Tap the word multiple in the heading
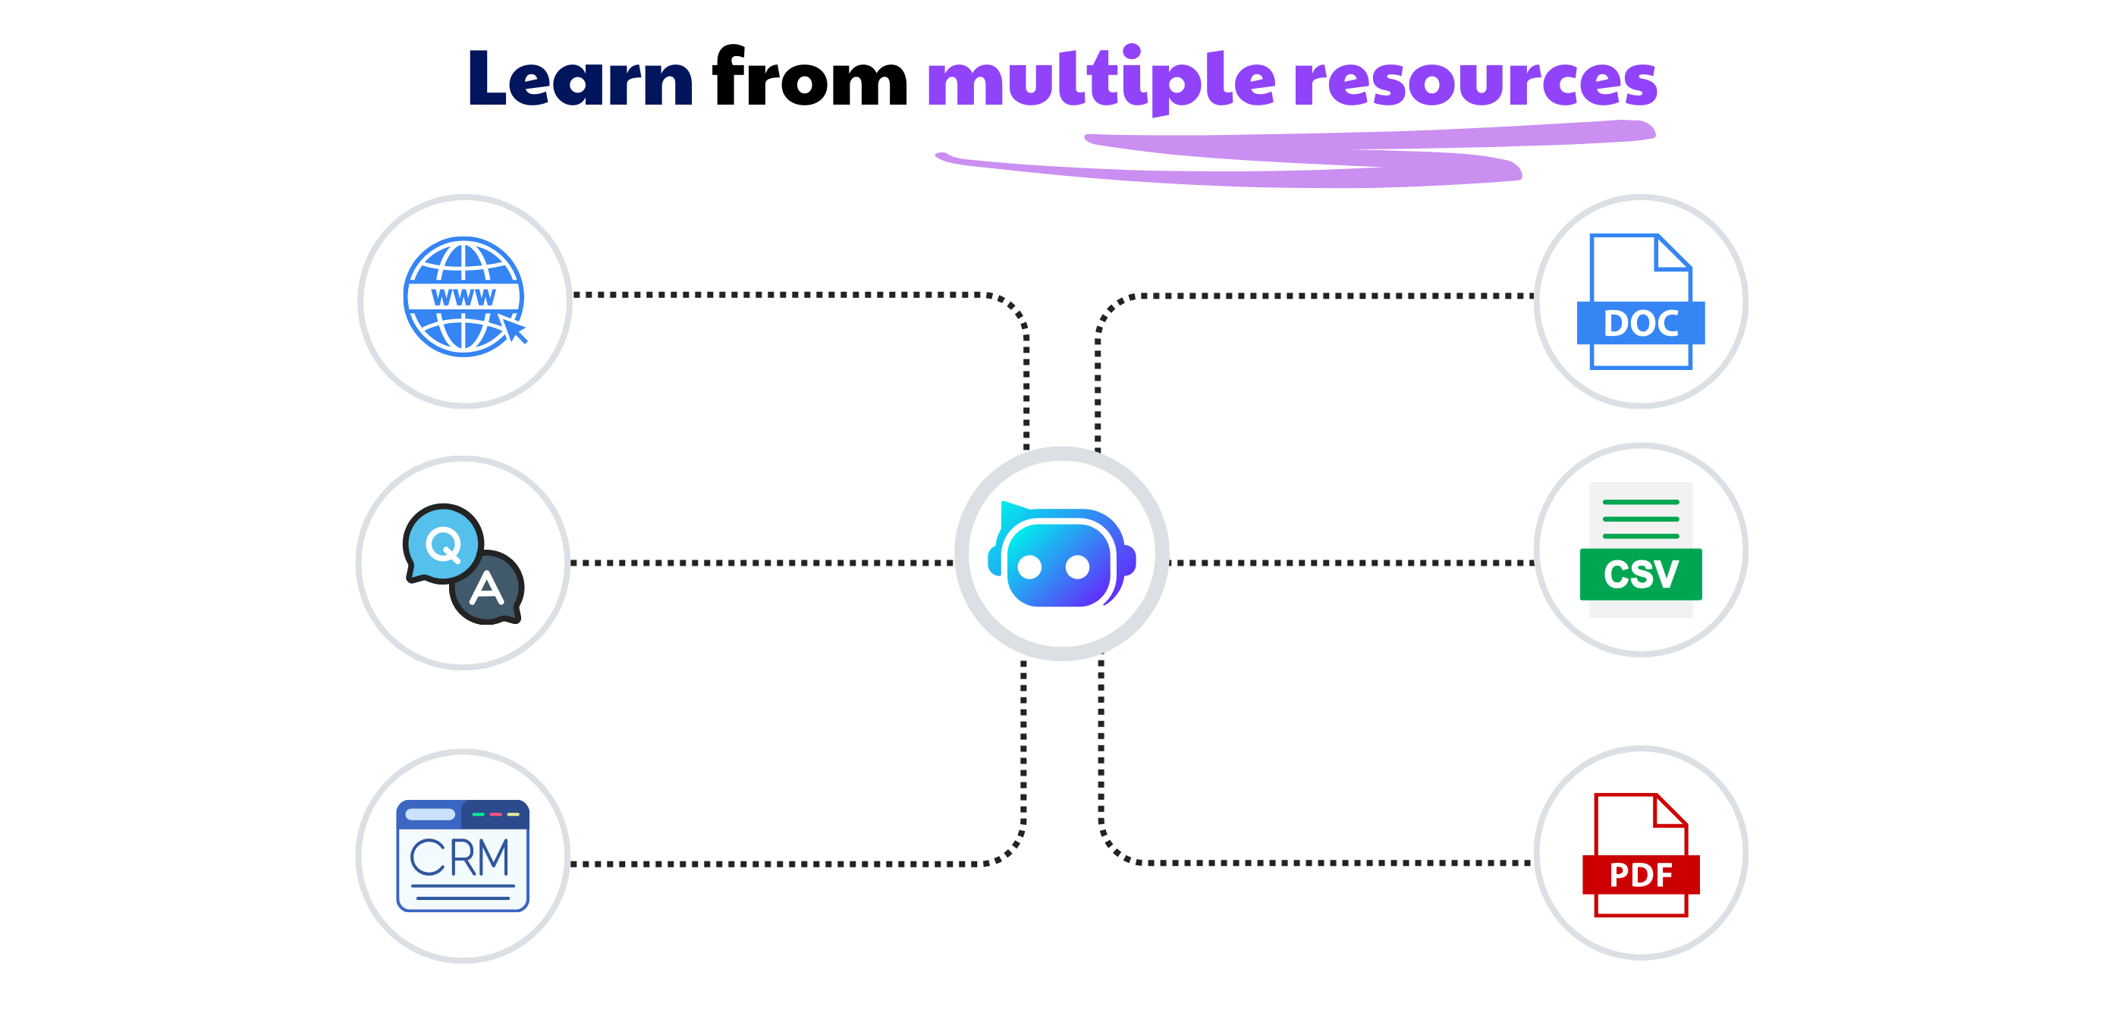pyautogui.click(x=1101, y=80)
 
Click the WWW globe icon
pyautogui.click(x=463, y=296)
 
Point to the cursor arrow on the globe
pyautogui.click(x=515, y=331)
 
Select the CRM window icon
pyautogui.click(x=463, y=856)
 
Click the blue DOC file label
pyautogui.click(x=1640, y=323)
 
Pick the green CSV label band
pyautogui.click(x=1640, y=574)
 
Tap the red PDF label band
pyautogui.click(x=1640, y=875)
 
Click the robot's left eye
pyautogui.click(x=1030, y=567)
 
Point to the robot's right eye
pyautogui.click(x=1078, y=567)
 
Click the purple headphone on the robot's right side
pyautogui.click(x=1127, y=560)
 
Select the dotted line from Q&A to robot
pyautogui.click(x=762, y=563)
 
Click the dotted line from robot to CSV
pyautogui.click(x=1353, y=563)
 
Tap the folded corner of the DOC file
pyautogui.click(x=1672, y=252)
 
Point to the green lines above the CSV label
pyautogui.click(x=1640, y=519)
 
